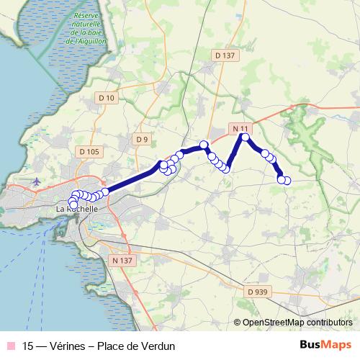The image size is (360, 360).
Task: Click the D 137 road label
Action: (225, 55)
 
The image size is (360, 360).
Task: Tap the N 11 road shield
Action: (240, 127)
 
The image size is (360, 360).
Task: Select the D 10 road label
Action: (107, 97)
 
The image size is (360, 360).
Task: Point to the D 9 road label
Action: (141, 139)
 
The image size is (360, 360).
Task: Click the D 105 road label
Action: (89, 151)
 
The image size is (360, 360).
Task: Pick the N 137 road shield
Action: (123, 260)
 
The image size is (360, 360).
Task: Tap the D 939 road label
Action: (256, 292)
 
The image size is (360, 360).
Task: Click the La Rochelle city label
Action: (71, 210)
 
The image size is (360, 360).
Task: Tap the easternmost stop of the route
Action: (287, 180)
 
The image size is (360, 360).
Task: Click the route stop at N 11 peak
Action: (246, 137)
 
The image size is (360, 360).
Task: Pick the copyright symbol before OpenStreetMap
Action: (238, 323)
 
